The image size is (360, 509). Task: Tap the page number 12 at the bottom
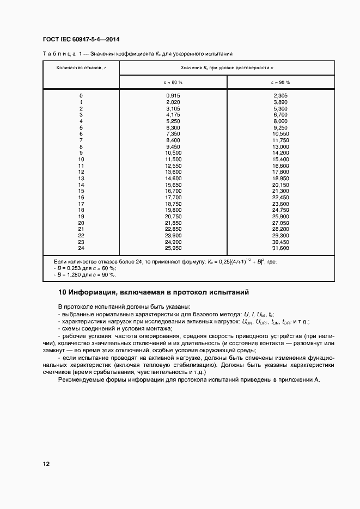46,464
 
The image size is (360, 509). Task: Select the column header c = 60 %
173,82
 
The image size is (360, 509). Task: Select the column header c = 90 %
280,82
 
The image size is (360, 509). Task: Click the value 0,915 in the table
173,96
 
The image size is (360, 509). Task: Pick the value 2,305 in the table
280,96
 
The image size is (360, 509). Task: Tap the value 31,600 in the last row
280,248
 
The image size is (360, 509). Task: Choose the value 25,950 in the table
173,248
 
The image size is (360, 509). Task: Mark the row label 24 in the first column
81,248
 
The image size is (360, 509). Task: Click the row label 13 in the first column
81,178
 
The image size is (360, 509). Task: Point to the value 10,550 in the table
280,134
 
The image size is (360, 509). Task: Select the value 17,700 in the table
173,197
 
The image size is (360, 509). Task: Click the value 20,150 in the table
280,185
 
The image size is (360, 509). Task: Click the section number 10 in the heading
62,292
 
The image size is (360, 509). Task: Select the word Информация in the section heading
93,292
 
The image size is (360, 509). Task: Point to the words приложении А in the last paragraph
297,379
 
